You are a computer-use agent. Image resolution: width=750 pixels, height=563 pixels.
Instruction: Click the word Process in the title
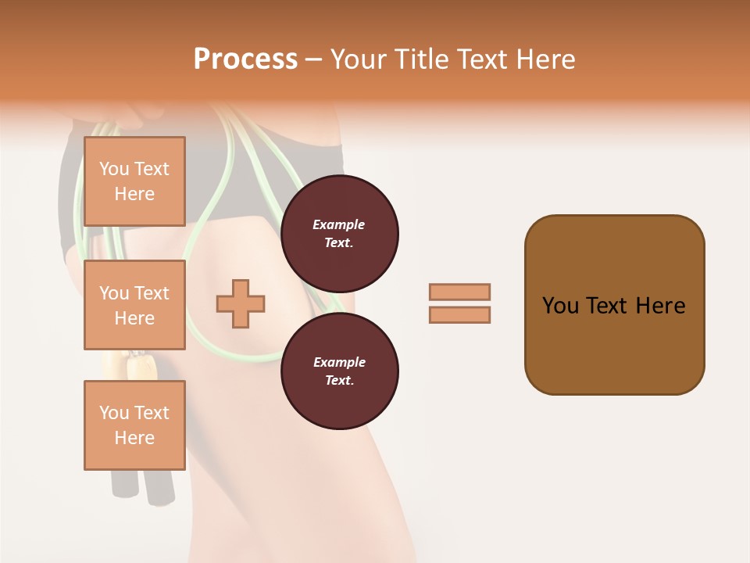coord(245,59)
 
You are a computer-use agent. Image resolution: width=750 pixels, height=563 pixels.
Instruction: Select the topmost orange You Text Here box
coord(134,181)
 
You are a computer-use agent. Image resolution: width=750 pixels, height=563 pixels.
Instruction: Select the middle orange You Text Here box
coord(134,305)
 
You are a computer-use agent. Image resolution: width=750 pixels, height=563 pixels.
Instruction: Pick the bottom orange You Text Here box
coord(134,425)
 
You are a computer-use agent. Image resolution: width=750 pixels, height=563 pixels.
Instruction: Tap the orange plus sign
coord(241,303)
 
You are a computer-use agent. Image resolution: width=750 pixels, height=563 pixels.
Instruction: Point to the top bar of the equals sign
coord(459,292)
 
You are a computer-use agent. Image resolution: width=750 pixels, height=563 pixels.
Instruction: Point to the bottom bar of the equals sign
coord(459,314)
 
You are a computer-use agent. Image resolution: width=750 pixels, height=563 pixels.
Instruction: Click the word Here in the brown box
coord(660,306)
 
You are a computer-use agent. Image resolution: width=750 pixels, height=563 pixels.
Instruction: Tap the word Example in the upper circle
coord(339,224)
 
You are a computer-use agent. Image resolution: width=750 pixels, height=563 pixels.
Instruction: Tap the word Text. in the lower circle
coord(339,380)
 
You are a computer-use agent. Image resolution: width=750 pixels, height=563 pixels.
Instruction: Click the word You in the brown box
coord(559,306)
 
